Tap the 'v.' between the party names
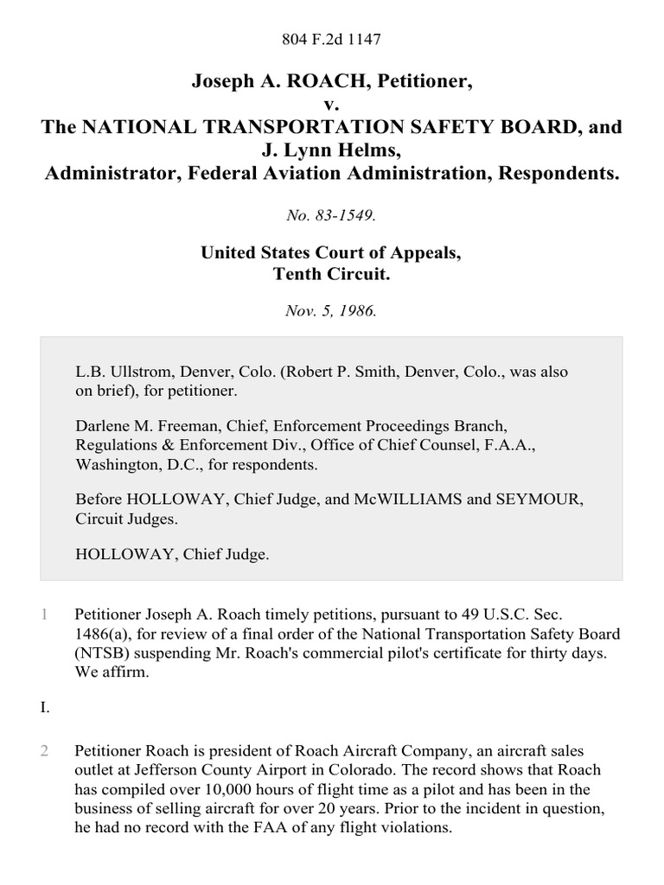click(332, 105)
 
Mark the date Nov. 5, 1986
click(332, 311)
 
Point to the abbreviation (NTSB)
click(102, 653)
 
